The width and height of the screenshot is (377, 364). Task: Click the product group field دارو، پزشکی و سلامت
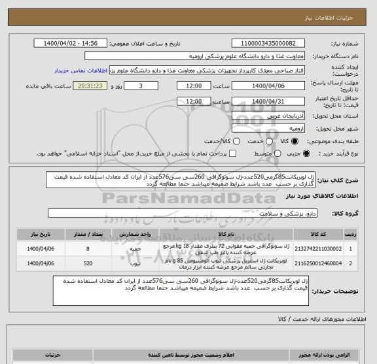(x=183, y=212)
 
